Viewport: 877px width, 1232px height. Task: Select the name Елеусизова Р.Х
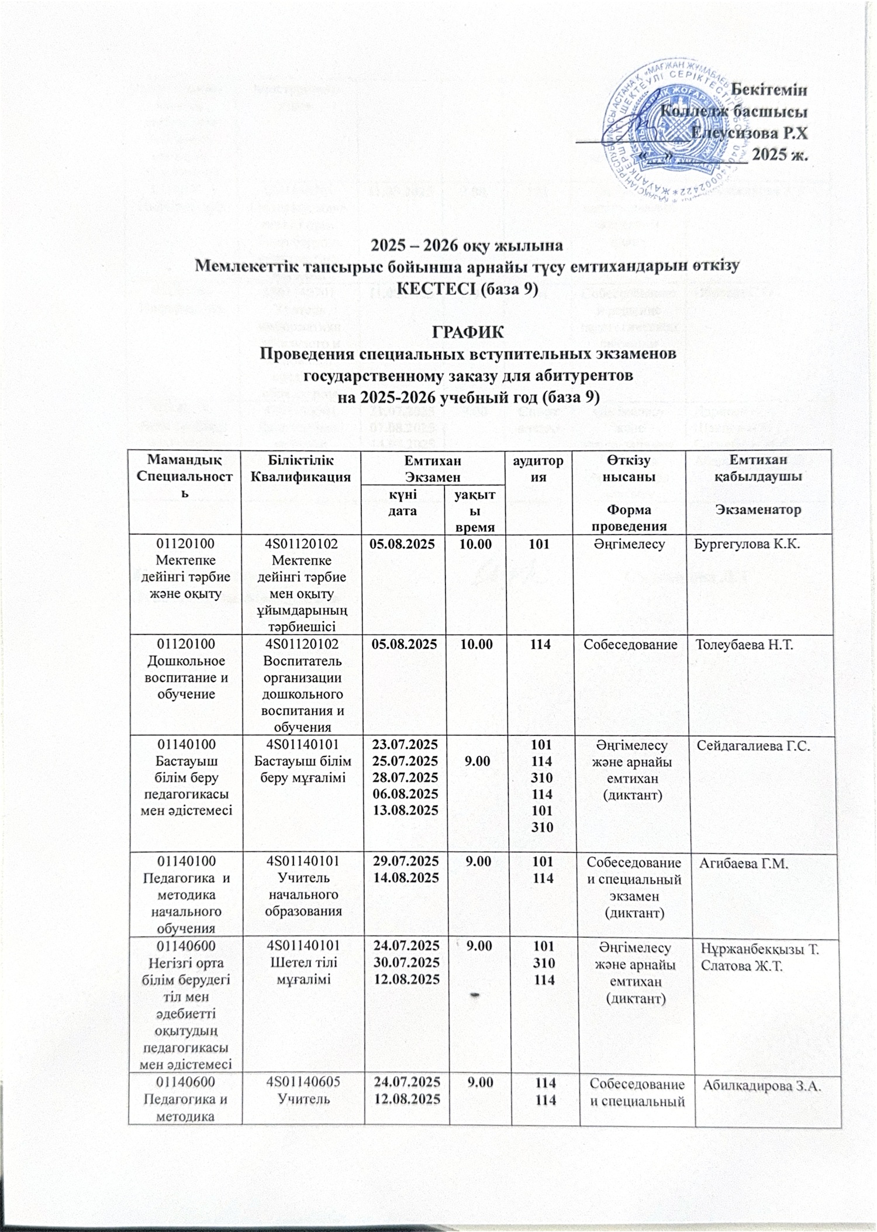coord(749,133)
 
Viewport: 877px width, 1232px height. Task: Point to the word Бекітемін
coord(769,90)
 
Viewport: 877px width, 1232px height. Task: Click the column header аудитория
coord(538,469)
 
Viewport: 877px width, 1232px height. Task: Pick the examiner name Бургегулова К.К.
coord(747,544)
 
